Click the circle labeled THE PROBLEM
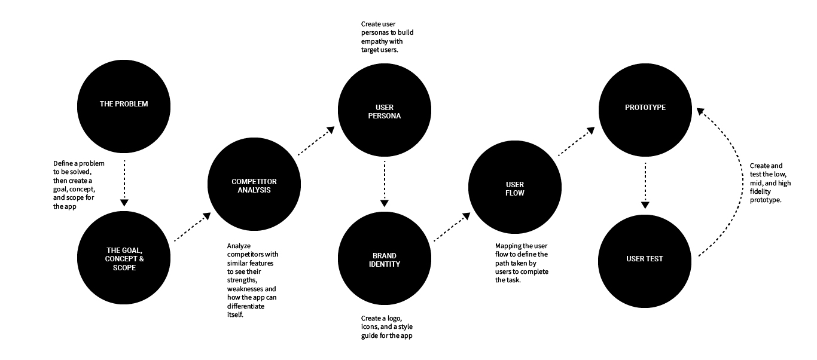(x=124, y=104)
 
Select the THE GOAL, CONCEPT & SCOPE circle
(x=124, y=259)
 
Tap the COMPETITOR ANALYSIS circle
(x=254, y=186)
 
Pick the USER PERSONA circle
(x=384, y=112)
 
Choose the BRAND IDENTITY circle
(x=383, y=259)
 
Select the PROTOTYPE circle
(x=645, y=108)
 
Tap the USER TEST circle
(x=645, y=259)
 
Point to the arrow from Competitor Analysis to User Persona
(x=316, y=141)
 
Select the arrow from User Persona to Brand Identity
(x=384, y=182)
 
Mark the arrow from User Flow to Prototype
(x=577, y=141)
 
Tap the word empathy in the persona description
(x=376, y=42)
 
